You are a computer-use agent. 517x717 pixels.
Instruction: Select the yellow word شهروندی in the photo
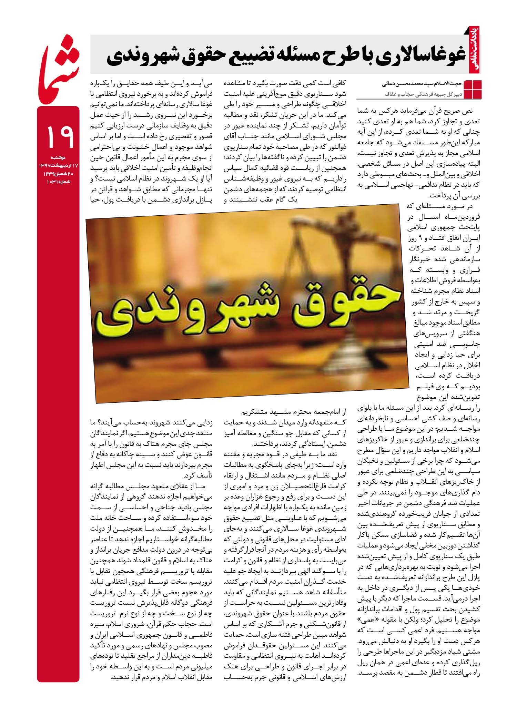click(193, 312)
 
